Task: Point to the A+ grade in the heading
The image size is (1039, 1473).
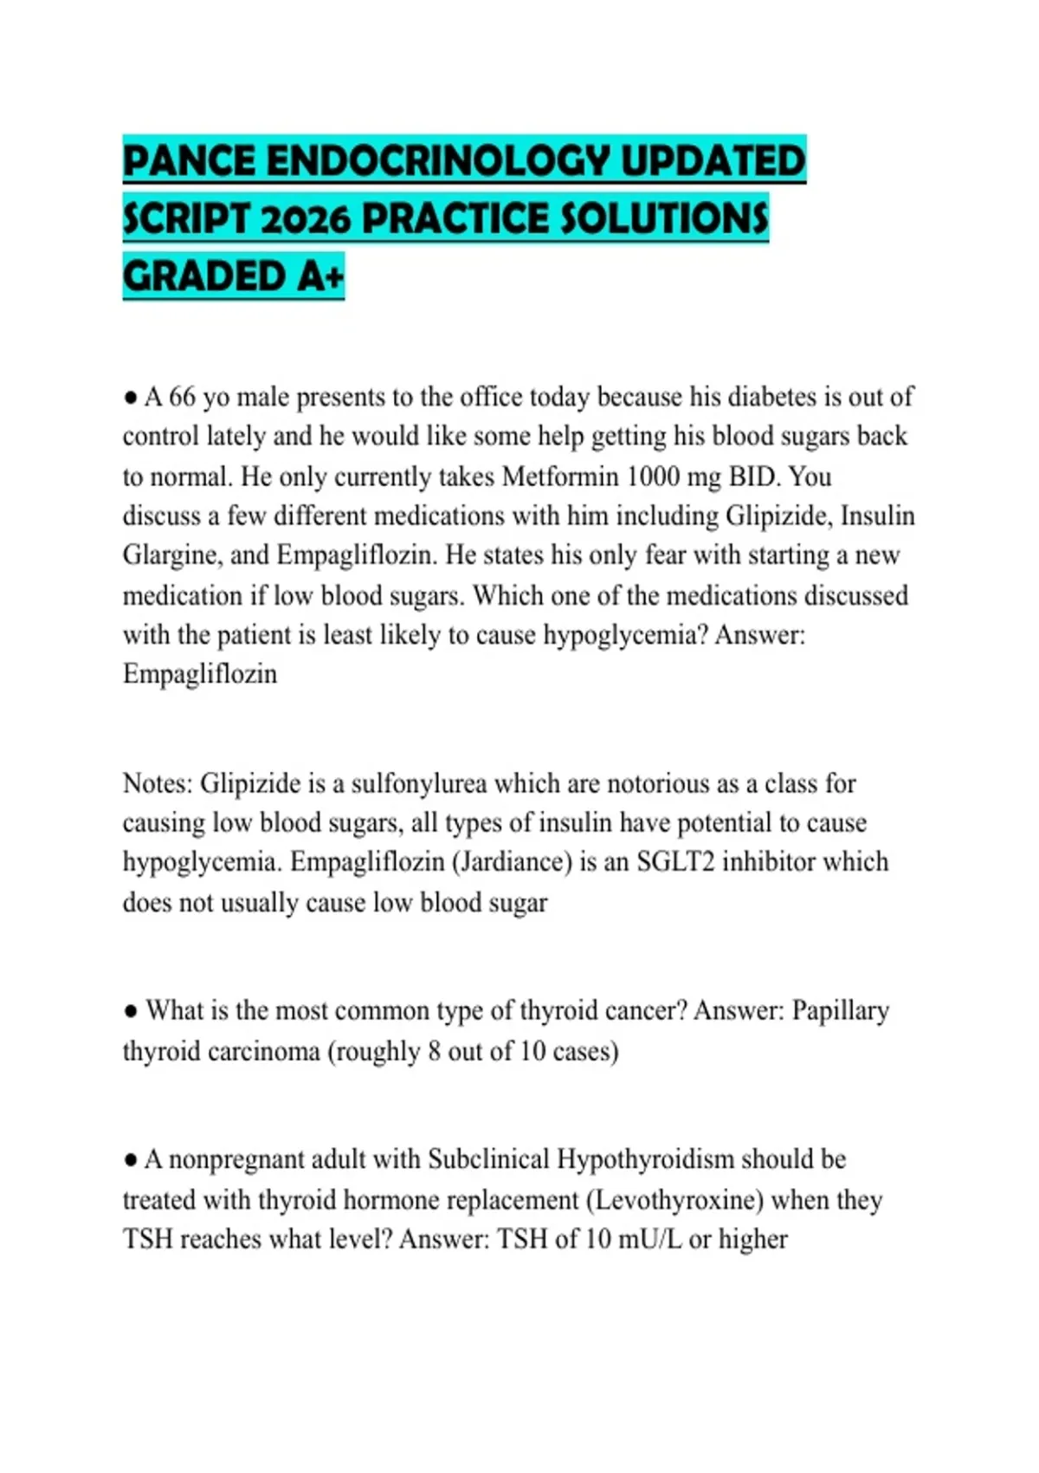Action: pos(320,276)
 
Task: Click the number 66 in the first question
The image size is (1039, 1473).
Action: pos(182,397)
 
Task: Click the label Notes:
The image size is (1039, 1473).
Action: pos(158,783)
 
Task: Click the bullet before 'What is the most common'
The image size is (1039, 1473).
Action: pos(130,1011)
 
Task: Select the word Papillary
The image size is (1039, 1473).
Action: pos(841,1011)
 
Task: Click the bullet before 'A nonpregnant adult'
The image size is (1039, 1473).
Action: pos(130,1160)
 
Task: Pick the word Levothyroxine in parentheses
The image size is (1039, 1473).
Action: pos(674,1200)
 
